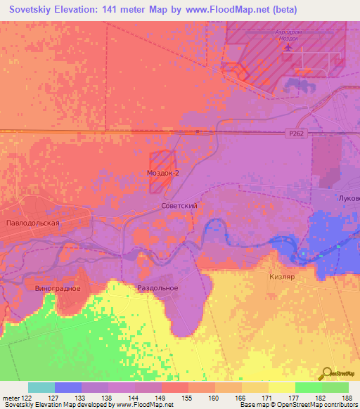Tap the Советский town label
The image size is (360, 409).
click(179, 206)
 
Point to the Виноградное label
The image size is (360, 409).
click(58, 288)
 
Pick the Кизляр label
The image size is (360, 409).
click(281, 278)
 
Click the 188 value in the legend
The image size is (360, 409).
click(348, 398)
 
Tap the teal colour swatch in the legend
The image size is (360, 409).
click(41, 387)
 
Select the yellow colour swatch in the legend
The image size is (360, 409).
click(281, 387)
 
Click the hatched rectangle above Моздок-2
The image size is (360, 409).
click(160, 160)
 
